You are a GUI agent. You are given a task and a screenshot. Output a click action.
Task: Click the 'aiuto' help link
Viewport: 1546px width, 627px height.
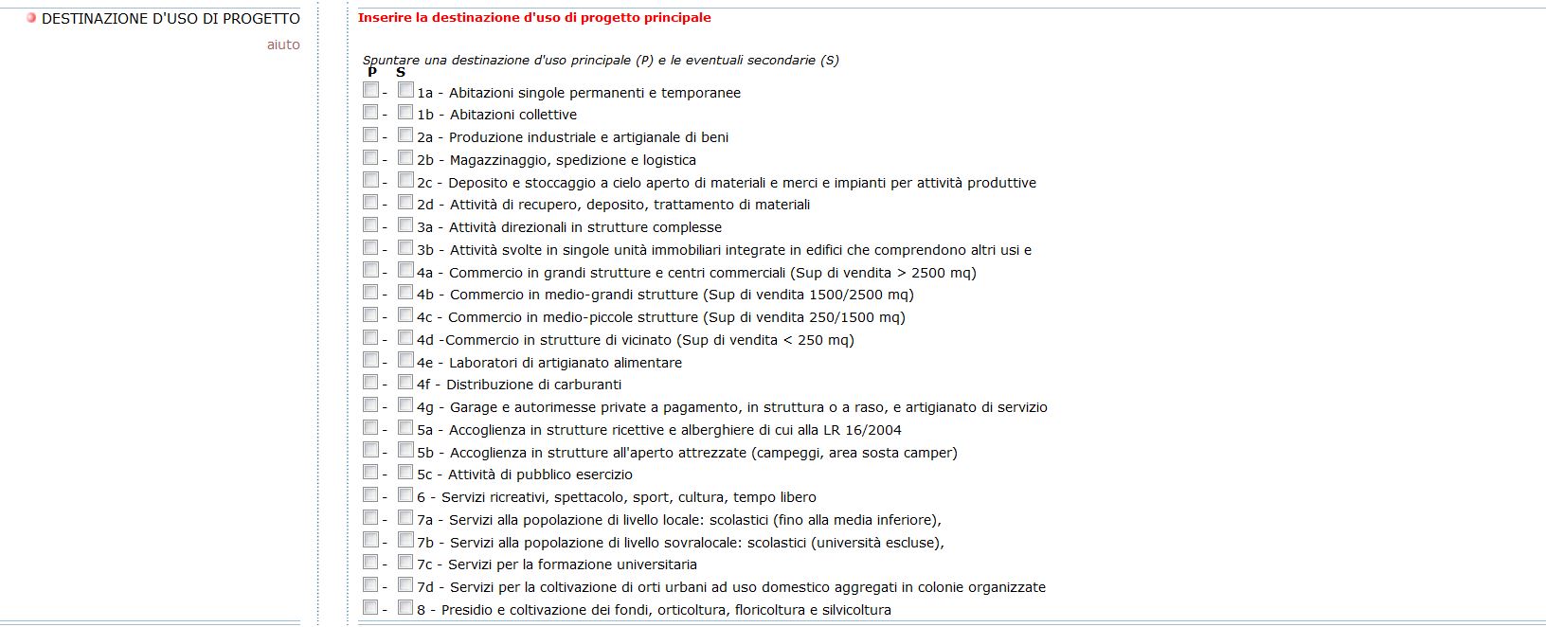tap(283, 45)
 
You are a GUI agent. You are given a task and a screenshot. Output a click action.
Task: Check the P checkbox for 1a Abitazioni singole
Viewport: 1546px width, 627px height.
tap(370, 90)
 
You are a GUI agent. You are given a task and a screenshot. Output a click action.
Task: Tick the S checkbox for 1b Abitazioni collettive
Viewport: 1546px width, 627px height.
tap(405, 113)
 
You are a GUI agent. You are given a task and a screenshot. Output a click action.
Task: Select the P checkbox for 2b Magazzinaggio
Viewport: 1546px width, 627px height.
tap(370, 157)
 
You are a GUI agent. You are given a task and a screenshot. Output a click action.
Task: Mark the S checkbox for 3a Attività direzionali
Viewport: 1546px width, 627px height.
tap(405, 225)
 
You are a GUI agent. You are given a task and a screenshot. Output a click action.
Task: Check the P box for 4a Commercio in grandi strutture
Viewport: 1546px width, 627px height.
tap(370, 270)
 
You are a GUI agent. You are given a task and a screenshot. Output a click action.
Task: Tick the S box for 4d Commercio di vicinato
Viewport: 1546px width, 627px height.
tap(405, 337)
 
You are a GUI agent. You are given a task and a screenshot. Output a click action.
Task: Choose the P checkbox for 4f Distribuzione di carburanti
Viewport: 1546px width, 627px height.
tap(370, 383)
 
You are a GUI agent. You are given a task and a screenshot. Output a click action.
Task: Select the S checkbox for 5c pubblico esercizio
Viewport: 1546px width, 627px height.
tap(405, 473)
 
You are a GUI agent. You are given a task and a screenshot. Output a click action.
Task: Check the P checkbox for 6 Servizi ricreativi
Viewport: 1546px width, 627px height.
tap(370, 495)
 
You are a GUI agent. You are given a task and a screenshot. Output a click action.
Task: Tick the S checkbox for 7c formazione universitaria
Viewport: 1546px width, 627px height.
tap(405, 563)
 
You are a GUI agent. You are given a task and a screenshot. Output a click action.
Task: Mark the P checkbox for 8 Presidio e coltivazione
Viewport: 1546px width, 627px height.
tap(370, 608)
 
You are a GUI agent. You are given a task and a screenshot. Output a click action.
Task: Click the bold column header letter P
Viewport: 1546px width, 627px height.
tap(372, 72)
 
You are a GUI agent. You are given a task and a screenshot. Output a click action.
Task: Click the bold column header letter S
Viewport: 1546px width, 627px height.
tap(401, 72)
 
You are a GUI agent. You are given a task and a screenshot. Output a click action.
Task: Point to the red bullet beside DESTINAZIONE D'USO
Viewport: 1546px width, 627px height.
tap(31, 18)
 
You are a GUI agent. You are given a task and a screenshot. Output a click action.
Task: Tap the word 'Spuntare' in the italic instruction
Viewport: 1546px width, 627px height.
tap(391, 61)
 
